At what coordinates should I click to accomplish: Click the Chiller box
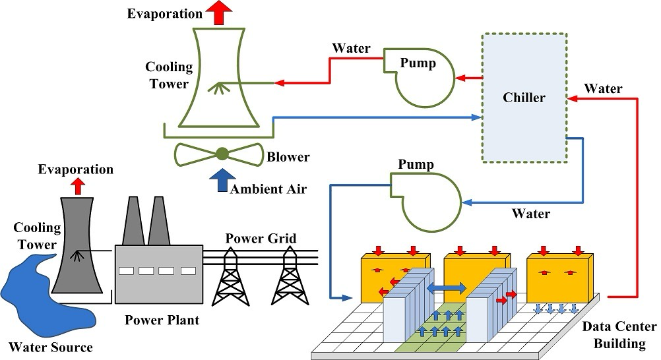pos(524,98)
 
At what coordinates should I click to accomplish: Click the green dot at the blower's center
pos(222,154)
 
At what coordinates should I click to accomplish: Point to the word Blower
pos(288,158)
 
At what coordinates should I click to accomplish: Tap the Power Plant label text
pos(162,321)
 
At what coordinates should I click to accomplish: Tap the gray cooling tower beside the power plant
pos(78,244)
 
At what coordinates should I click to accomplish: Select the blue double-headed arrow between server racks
pos(447,287)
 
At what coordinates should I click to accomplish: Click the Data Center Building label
pos(619,335)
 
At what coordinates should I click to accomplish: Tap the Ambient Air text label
pos(268,190)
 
